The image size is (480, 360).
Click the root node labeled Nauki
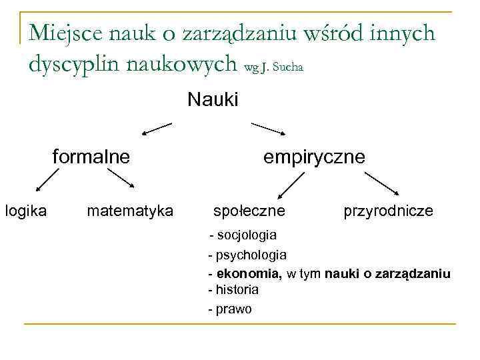tap(213, 100)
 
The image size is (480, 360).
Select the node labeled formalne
tap(91, 157)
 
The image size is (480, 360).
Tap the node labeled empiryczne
tap(314, 157)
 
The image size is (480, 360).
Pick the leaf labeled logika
tap(26, 211)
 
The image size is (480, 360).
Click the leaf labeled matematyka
tap(130, 211)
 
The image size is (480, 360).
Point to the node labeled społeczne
tap(249, 211)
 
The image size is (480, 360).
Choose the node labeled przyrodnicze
tap(388, 211)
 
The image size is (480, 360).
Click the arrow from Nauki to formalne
tap(157, 128)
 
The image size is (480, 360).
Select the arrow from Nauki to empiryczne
tap(267, 128)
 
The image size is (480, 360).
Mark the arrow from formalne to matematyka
tap(122, 180)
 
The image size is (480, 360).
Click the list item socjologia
tap(246, 235)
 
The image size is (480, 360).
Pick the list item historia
tap(236, 290)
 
